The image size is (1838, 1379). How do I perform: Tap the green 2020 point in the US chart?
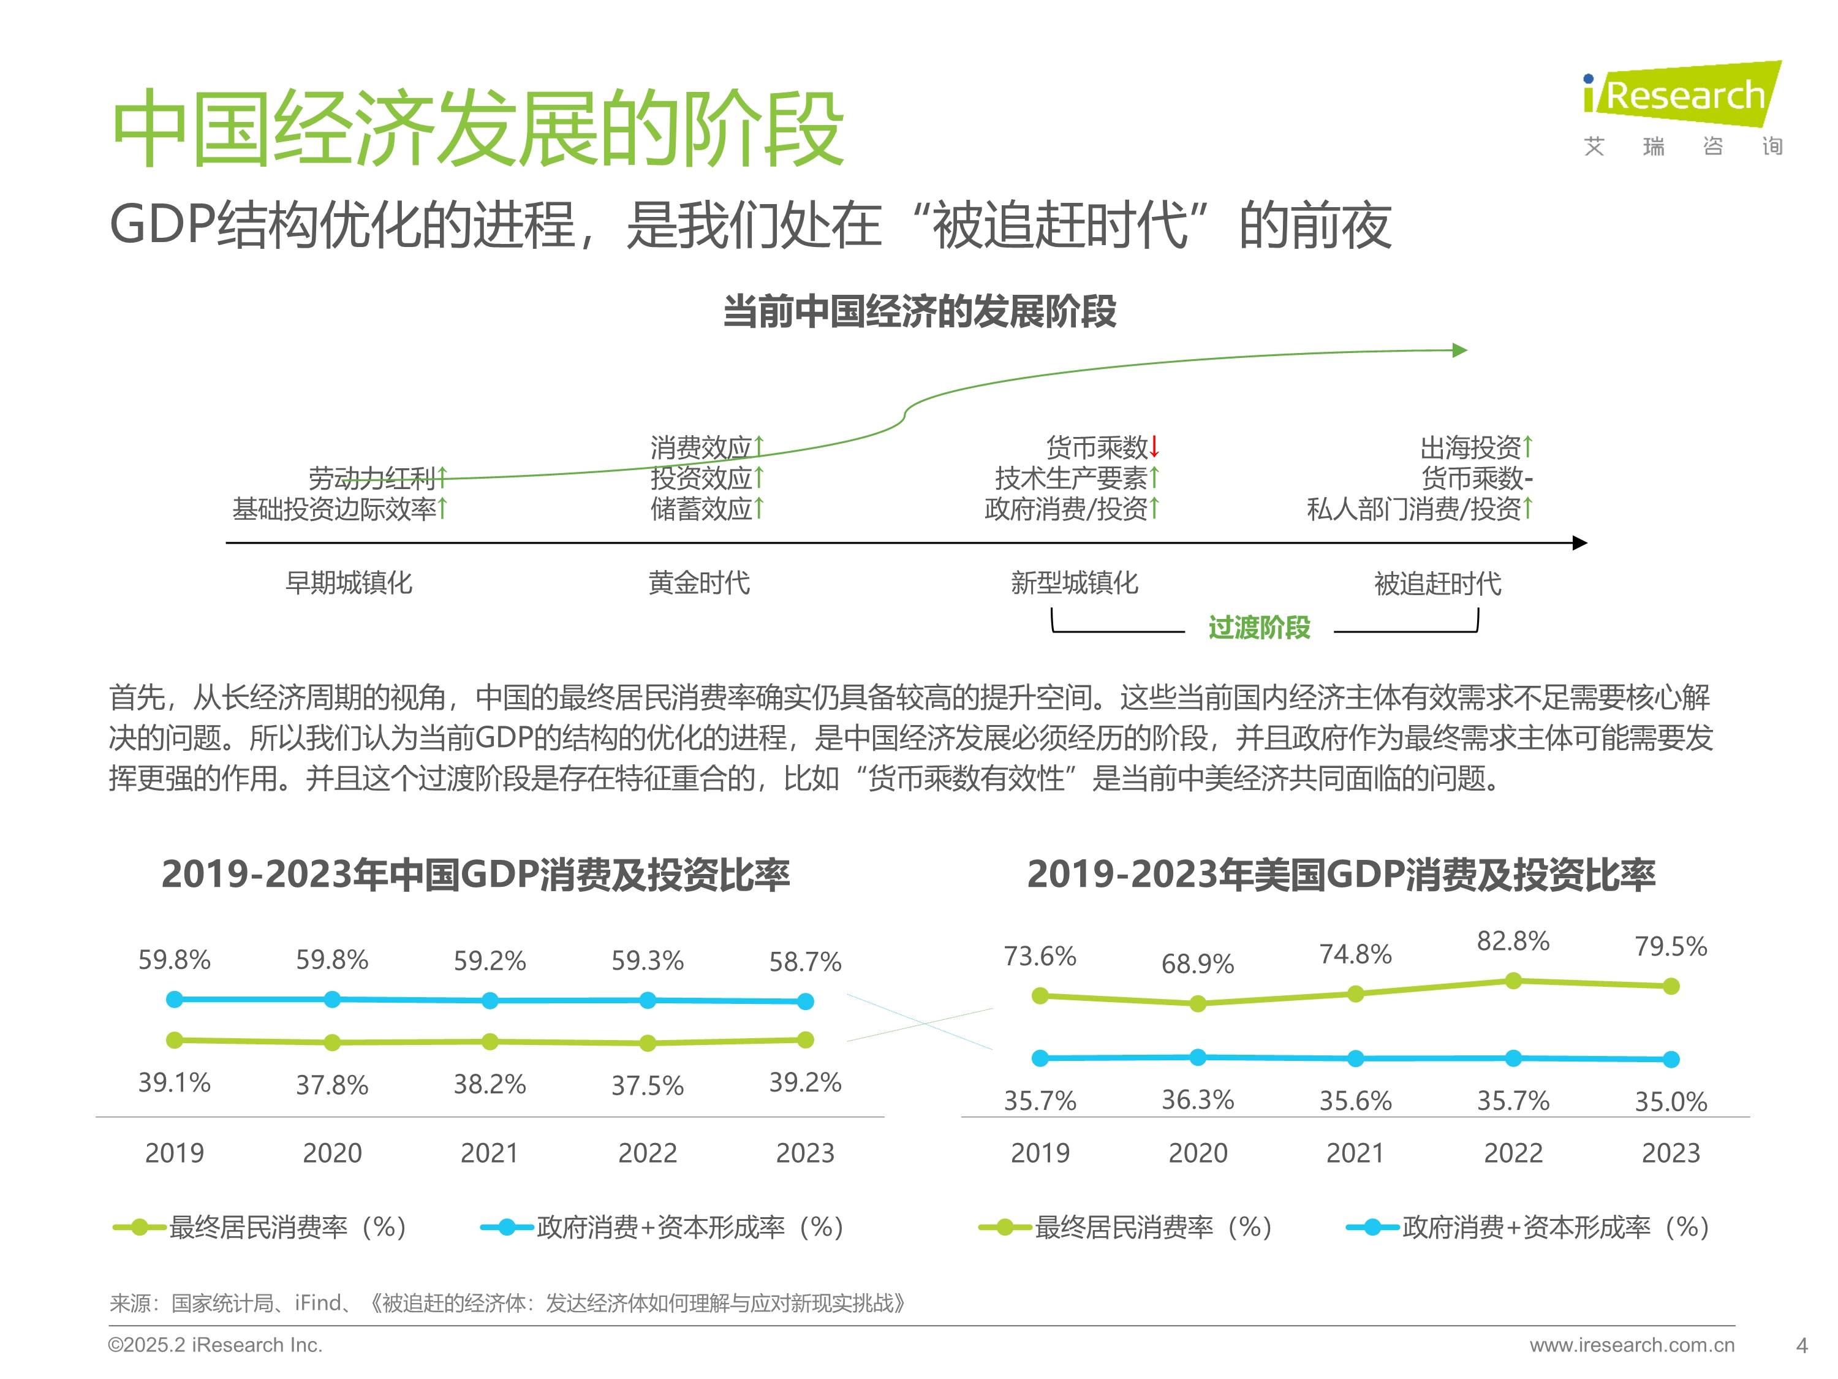pos(1197,1004)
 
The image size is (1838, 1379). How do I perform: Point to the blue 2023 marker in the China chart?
pos(804,1001)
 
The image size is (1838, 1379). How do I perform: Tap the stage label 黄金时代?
pos(699,583)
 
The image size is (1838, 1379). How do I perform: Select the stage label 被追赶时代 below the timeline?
pos(1437,583)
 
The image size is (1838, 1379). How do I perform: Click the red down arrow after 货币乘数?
pos(1154,447)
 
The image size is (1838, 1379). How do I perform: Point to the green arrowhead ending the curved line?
pos(1459,350)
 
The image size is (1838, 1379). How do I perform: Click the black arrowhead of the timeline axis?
pos(1579,543)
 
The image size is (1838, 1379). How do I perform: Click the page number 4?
pos(1801,1345)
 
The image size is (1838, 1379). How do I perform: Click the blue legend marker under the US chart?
pos(1372,1227)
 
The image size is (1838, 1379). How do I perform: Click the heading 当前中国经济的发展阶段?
pos(919,312)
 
